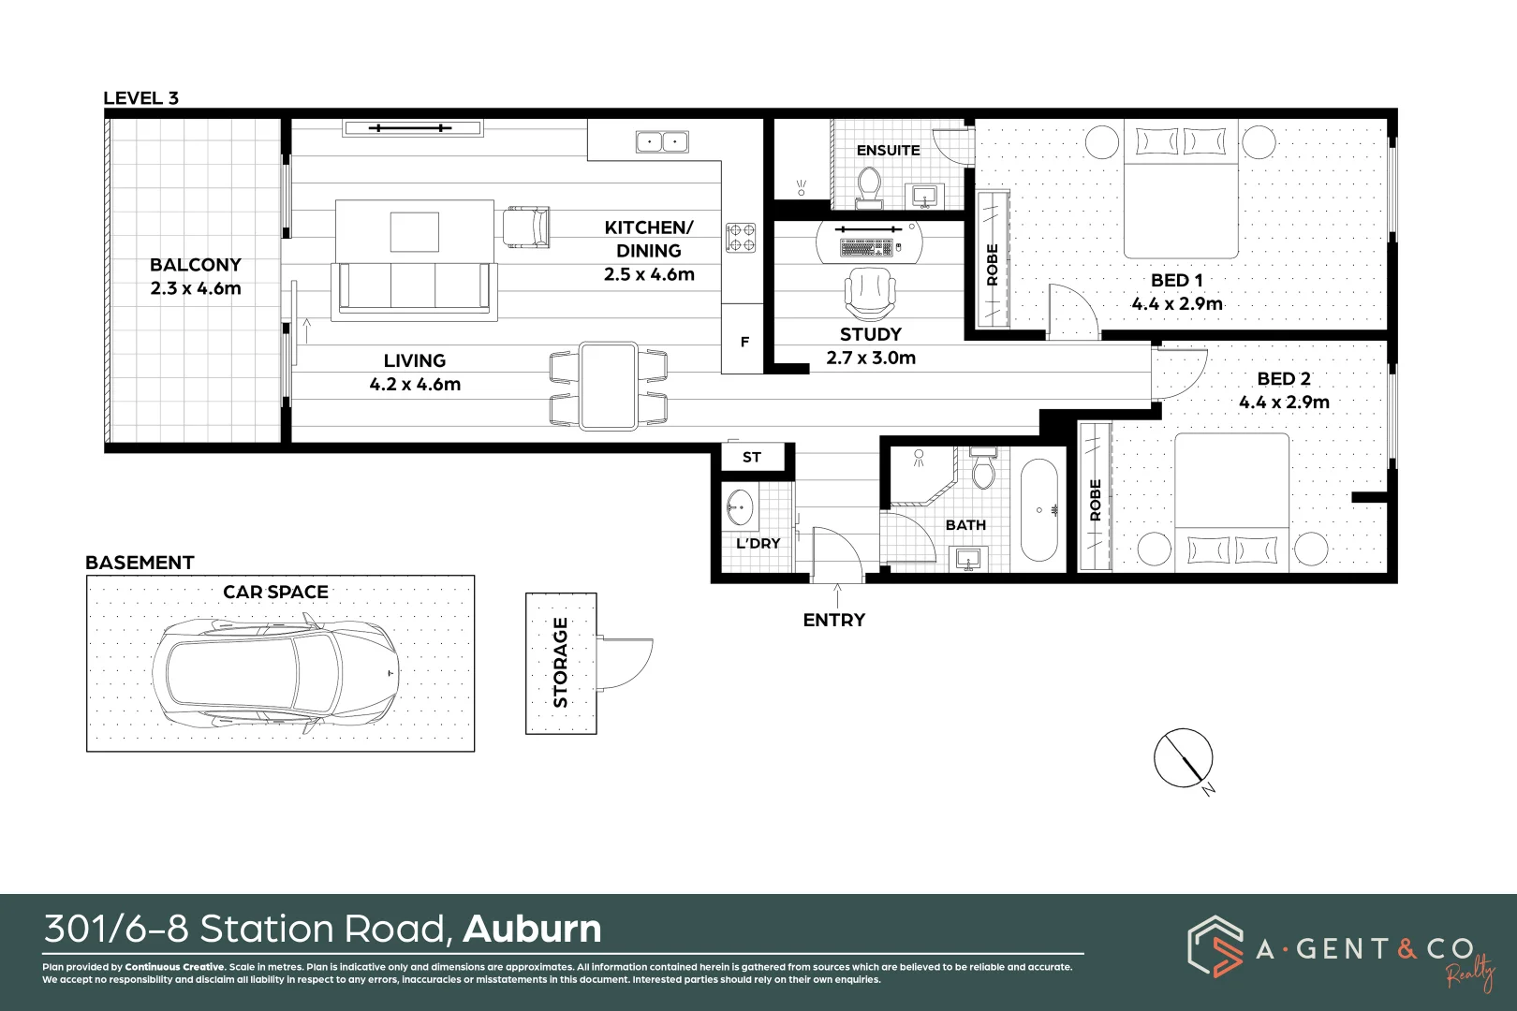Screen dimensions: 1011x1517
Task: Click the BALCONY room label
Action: [x=196, y=265]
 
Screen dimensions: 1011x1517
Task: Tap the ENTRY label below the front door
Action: [x=833, y=620]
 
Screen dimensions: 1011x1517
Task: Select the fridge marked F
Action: [x=744, y=342]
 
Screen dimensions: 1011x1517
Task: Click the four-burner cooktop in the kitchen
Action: [x=741, y=238]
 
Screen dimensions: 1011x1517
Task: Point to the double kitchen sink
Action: [x=662, y=141]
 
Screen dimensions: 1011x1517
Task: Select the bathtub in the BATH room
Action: [x=1038, y=510]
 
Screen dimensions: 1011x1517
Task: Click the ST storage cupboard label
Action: [x=752, y=458]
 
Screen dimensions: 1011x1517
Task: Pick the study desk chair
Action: [x=870, y=292]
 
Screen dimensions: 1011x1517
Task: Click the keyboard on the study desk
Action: [x=866, y=248]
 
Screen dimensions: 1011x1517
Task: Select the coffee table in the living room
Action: [x=415, y=231]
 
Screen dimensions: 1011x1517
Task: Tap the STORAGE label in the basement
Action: [x=561, y=662]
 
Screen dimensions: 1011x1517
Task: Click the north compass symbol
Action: [x=1184, y=758]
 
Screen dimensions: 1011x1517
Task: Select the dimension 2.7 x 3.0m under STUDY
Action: [x=871, y=358]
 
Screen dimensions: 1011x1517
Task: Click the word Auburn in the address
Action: [x=532, y=930]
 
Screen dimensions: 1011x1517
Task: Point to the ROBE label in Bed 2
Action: [x=1096, y=500]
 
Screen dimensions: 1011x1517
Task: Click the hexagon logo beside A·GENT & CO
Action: [x=1215, y=946]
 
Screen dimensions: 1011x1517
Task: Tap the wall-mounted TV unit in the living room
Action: [x=412, y=128]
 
